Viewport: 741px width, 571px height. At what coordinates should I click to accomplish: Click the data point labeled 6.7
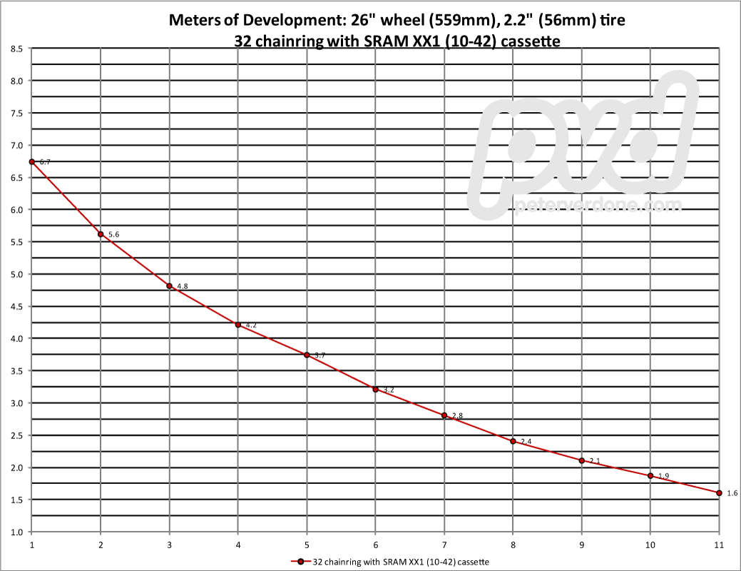tap(32, 162)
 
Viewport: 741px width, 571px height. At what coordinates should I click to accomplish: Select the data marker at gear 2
tap(101, 234)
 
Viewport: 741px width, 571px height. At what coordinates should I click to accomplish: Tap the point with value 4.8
tap(169, 286)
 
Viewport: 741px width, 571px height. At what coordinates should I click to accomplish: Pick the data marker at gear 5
tap(307, 355)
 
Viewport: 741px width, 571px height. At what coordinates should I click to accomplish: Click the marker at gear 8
tap(513, 441)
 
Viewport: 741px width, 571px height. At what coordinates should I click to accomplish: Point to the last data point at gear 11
tap(719, 492)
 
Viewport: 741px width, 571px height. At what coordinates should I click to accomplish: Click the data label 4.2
tap(251, 325)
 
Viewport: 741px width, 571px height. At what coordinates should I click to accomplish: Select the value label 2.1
tap(595, 460)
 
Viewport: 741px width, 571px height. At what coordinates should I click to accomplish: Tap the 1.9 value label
tap(663, 476)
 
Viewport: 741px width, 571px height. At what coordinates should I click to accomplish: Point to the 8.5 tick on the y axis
tap(16, 49)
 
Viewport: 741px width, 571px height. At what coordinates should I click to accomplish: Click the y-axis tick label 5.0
tap(16, 274)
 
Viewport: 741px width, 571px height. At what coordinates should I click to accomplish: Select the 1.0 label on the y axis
tap(16, 532)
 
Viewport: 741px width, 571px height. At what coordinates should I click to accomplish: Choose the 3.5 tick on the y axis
tap(16, 370)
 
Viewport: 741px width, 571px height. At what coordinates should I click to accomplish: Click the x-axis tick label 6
tap(375, 544)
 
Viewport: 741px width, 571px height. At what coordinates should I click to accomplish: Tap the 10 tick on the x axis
tap(650, 544)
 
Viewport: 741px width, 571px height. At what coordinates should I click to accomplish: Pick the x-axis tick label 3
tap(169, 544)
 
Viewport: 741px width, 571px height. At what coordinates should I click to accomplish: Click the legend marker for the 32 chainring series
tap(302, 561)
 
